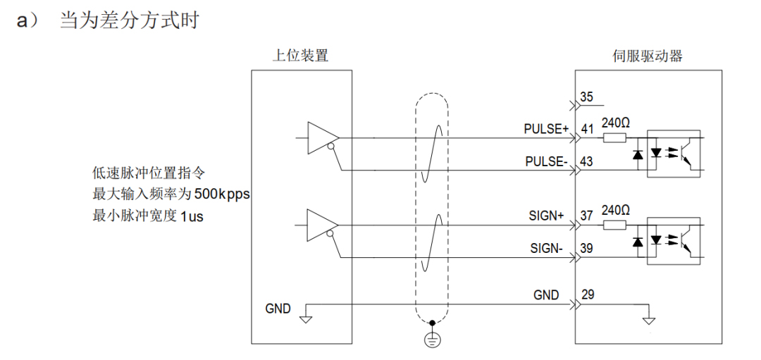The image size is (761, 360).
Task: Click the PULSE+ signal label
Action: tap(546, 129)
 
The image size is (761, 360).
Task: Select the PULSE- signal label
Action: tap(546, 161)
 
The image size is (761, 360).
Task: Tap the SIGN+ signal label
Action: tap(547, 216)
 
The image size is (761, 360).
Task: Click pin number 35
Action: tap(586, 97)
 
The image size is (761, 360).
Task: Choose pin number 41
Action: tap(586, 129)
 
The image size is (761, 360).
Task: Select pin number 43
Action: tap(586, 161)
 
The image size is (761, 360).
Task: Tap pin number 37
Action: tap(586, 216)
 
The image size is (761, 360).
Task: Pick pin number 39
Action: tap(586, 249)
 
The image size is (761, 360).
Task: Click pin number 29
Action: tap(586, 294)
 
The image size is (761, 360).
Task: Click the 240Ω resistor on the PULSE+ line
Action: tap(614, 137)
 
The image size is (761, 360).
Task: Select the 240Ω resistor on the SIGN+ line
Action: tap(614, 225)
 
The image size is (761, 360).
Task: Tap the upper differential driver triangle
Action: tap(321, 137)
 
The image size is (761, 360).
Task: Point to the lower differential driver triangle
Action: tap(321, 225)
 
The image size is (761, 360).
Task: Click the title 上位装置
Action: tap(300, 56)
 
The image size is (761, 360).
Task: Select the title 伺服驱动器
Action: tap(648, 56)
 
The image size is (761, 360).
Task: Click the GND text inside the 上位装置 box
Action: tap(278, 308)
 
